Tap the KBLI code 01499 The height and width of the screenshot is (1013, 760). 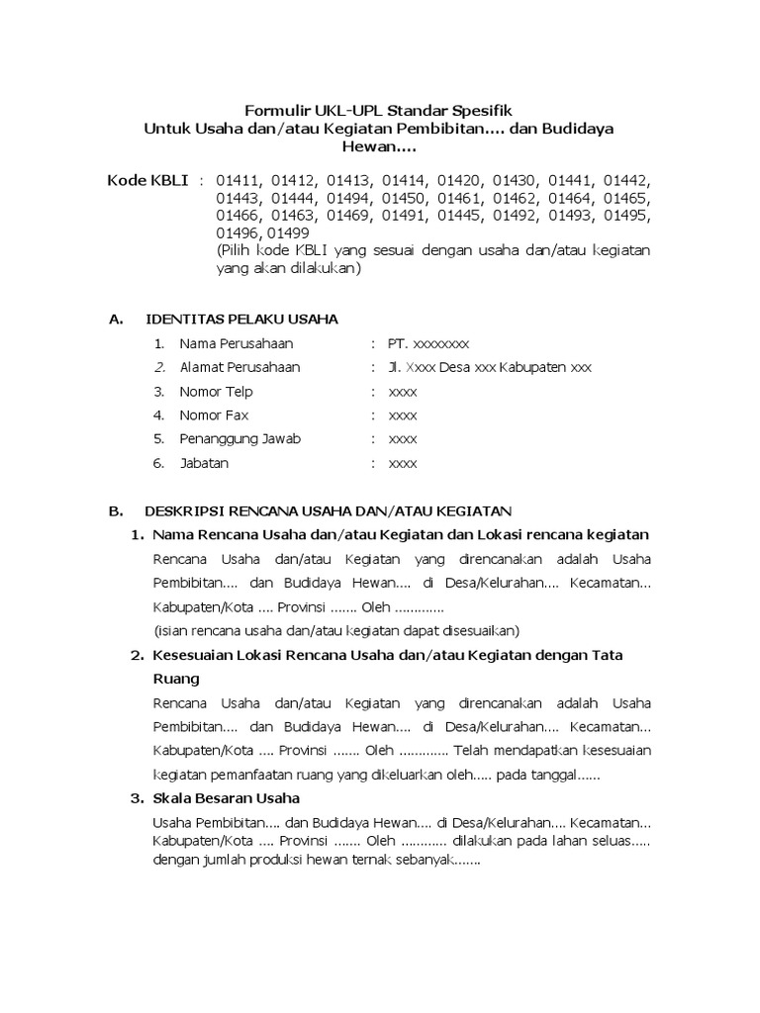pos(288,232)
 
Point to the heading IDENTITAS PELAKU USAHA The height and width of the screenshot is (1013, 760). pos(241,319)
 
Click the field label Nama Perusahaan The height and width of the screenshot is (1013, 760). pos(237,343)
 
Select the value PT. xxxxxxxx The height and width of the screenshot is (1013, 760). pos(428,343)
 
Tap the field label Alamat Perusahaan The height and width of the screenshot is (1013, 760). pos(239,367)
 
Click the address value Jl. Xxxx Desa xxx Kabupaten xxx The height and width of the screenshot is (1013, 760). pos(490,367)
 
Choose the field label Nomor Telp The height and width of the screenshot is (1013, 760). pos(216,391)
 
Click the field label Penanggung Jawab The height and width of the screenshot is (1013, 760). pos(239,438)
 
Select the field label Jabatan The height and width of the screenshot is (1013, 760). pos(205,462)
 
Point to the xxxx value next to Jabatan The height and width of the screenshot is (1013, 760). pos(403,462)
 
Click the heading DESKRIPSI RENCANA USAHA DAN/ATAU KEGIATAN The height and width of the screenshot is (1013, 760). pos(328,511)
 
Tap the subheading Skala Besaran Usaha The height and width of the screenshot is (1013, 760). pos(226,798)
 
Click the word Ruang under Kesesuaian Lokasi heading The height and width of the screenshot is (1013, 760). pos(176,679)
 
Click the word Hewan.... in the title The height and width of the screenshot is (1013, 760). pos(379,147)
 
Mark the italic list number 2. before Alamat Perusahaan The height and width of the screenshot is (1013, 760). pos(158,367)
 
